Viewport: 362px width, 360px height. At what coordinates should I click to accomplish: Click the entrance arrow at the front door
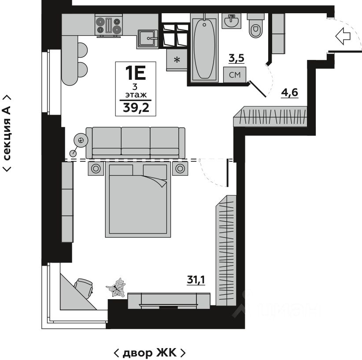[x=345, y=36]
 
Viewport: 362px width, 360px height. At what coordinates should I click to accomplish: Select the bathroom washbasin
[x=232, y=21]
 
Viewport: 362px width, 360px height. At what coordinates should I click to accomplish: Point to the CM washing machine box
[x=234, y=75]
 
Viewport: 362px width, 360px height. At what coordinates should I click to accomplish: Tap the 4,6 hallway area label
[x=289, y=93]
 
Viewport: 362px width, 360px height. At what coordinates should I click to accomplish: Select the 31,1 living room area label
[x=196, y=279]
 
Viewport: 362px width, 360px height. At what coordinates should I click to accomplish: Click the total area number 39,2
[x=136, y=108]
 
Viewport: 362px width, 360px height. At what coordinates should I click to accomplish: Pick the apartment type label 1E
[x=136, y=72]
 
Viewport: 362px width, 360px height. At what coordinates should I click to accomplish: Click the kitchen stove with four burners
[x=109, y=25]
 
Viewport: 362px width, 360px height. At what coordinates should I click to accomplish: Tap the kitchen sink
[x=148, y=39]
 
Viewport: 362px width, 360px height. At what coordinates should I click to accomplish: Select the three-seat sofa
[x=135, y=142]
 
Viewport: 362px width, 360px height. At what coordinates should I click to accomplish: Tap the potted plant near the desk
[x=117, y=288]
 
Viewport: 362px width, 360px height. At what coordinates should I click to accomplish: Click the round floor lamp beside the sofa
[x=81, y=140]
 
